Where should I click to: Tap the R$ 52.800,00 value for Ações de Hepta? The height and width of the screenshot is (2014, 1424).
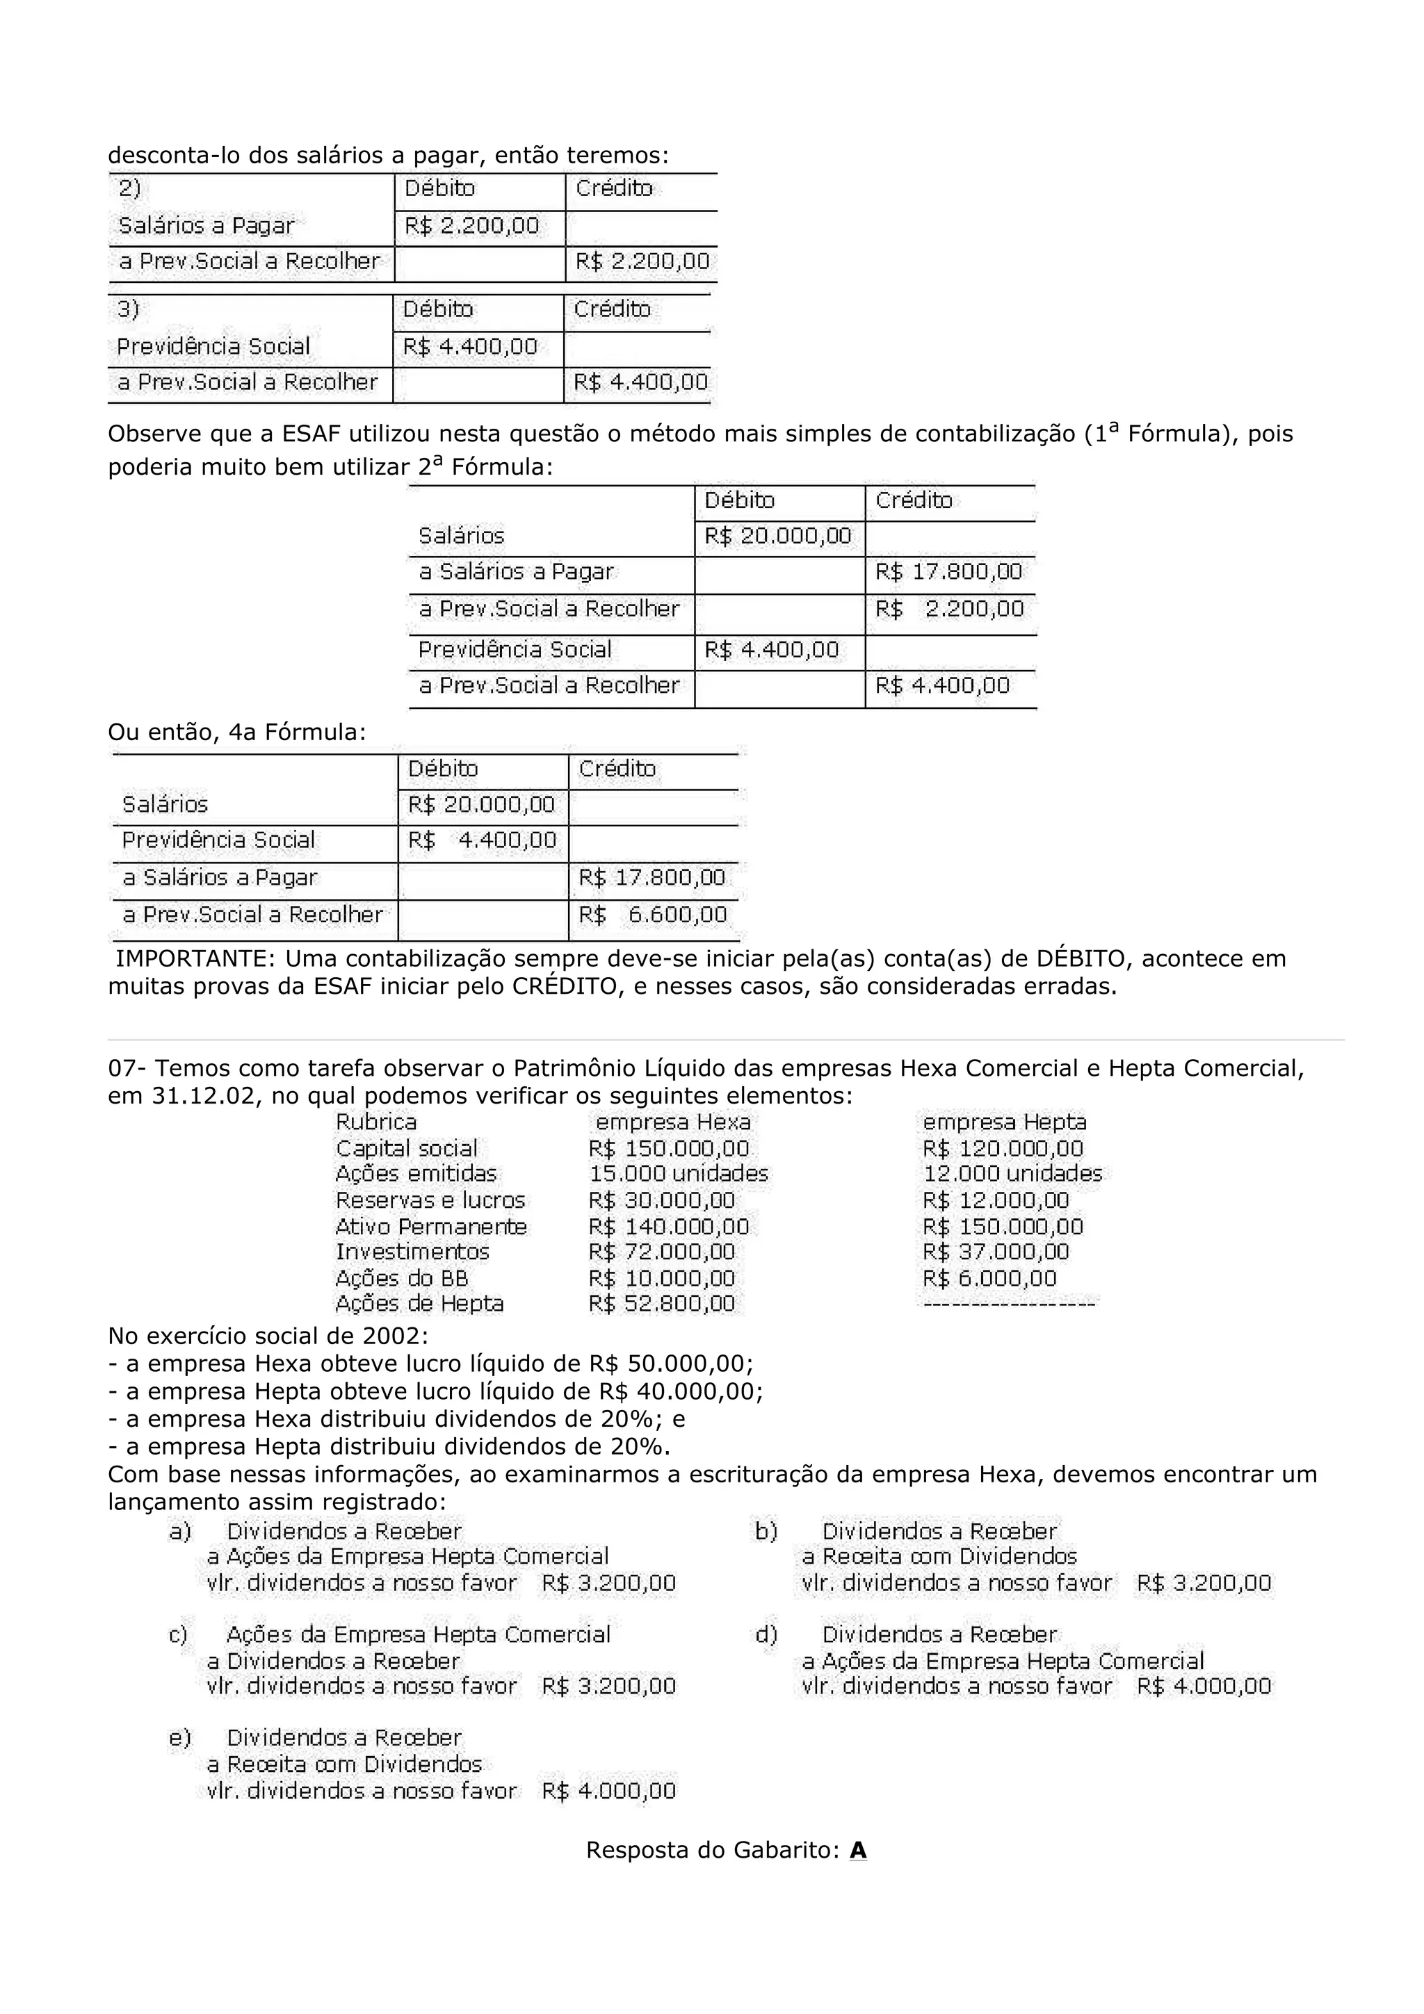pyautogui.click(x=661, y=1304)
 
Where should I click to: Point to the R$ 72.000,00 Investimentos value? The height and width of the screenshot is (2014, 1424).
pyautogui.click(x=661, y=1252)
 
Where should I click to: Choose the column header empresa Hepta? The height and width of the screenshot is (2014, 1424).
pyautogui.click(x=1005, y=1122)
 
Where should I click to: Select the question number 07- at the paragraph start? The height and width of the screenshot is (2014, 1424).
pyautogui.click(x=128, y=1068)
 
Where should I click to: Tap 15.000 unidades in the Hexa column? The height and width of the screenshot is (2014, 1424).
pyautogui.click(x=678, y=1174)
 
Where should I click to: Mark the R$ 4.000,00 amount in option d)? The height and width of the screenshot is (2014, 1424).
pyautogui.click(x=1204, y=1686)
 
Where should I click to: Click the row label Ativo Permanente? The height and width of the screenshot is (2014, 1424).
pyautogui.click(x=431, y=1227)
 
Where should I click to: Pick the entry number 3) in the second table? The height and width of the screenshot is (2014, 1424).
pyautogui.click(x=128, y=309)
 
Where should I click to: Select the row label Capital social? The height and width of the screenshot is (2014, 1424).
pyautogui.click(x=406, y=1148)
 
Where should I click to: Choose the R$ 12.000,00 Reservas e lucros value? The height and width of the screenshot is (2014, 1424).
pyautogui.click(x=996, y=1200)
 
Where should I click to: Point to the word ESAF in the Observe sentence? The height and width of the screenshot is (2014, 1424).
pyautogui.click(x=312, y=434)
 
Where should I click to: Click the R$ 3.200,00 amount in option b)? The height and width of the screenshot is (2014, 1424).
pyautogui.click(x=1204, y=1583)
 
